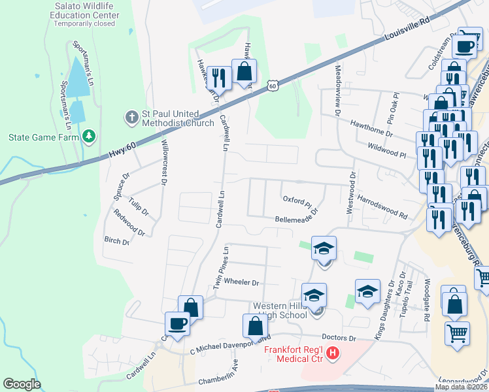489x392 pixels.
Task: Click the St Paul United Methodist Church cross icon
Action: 131,118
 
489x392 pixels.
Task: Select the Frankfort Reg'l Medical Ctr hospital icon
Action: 333,353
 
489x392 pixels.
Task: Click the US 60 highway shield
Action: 273,85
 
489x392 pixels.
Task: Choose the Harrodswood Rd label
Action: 382,206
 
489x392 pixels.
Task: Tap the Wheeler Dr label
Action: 242,283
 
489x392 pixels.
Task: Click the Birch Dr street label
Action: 117,241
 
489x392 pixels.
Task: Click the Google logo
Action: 22,384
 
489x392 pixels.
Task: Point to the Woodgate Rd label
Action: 426,300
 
